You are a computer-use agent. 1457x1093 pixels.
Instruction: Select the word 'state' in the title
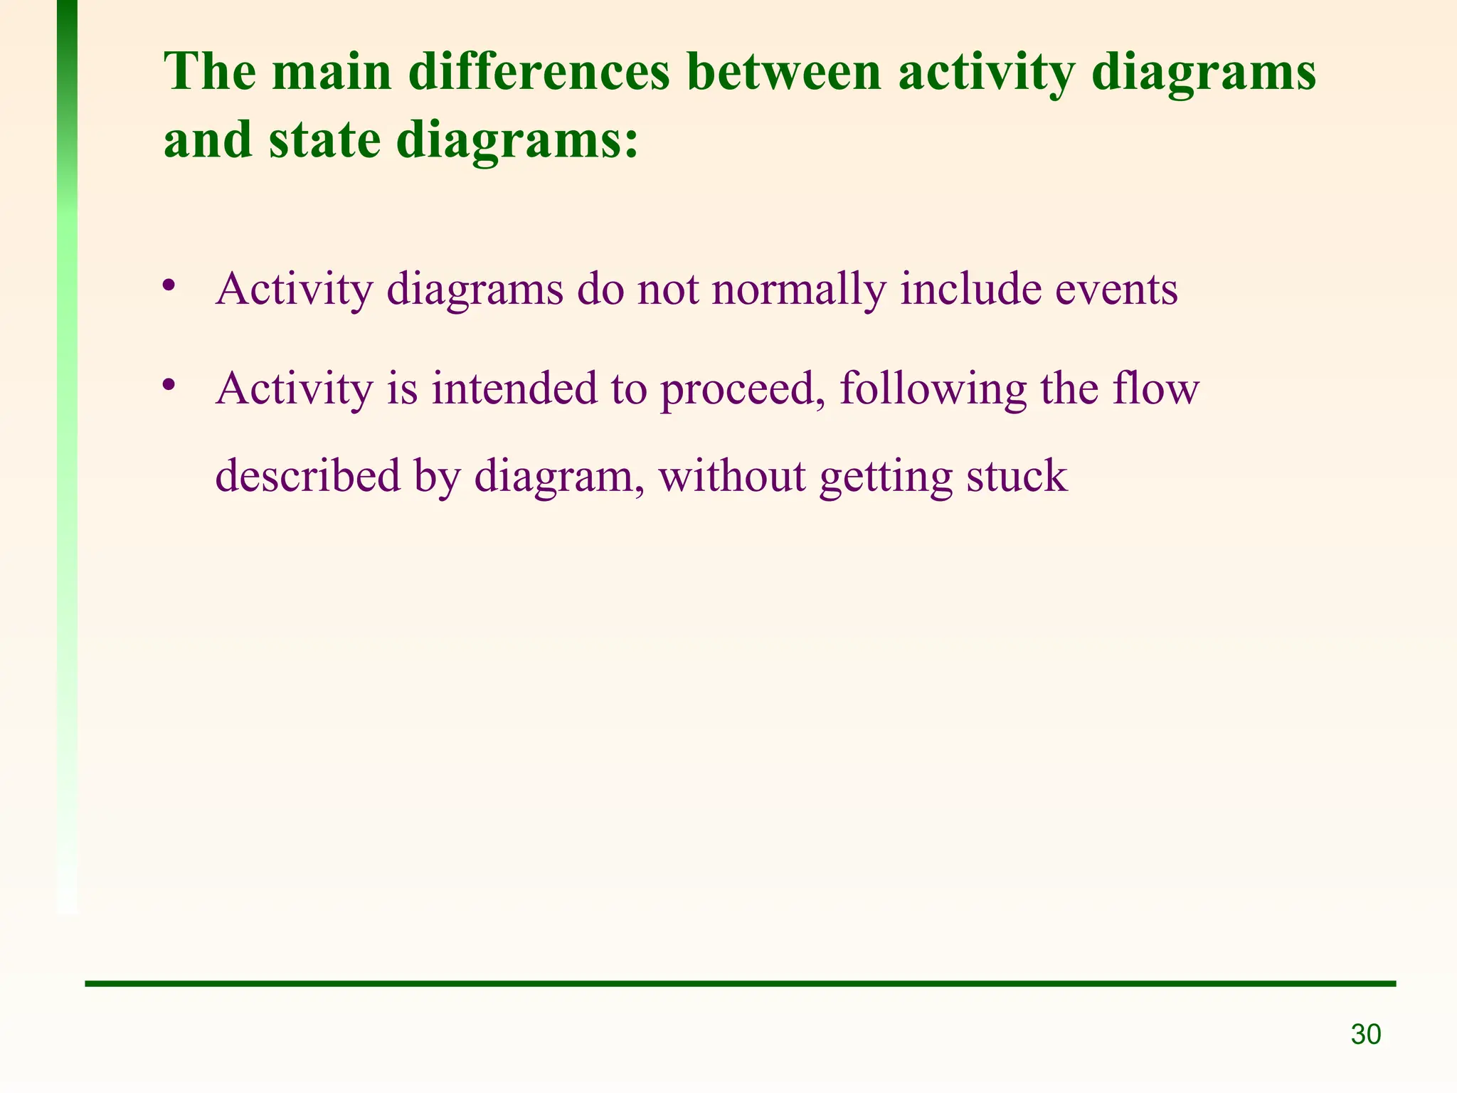324,140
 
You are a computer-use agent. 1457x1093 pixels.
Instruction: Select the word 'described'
308,475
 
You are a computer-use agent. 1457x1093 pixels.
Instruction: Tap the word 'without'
732,475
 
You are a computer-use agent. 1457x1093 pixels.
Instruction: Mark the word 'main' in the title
332,73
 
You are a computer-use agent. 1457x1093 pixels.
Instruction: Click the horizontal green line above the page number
740,983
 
